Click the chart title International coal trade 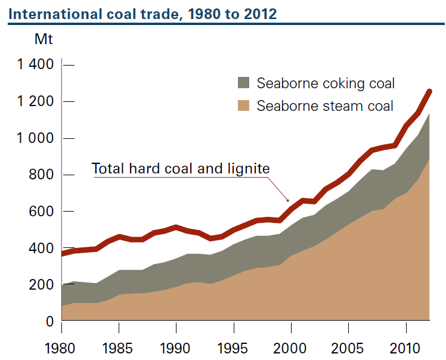coord(143,13)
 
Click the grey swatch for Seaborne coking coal coord(243,83)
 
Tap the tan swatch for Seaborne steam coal coord(243,105)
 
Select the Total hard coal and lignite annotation coord(181,169)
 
